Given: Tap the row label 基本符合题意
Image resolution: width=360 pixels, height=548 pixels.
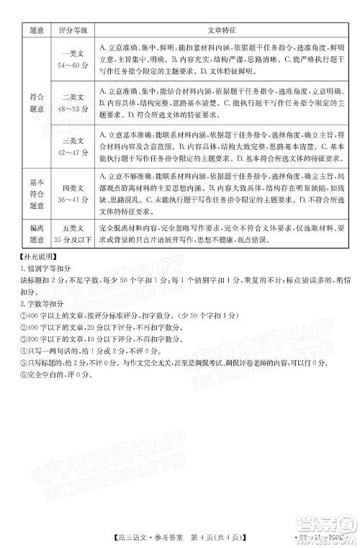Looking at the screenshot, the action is click(x=34, y=194).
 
